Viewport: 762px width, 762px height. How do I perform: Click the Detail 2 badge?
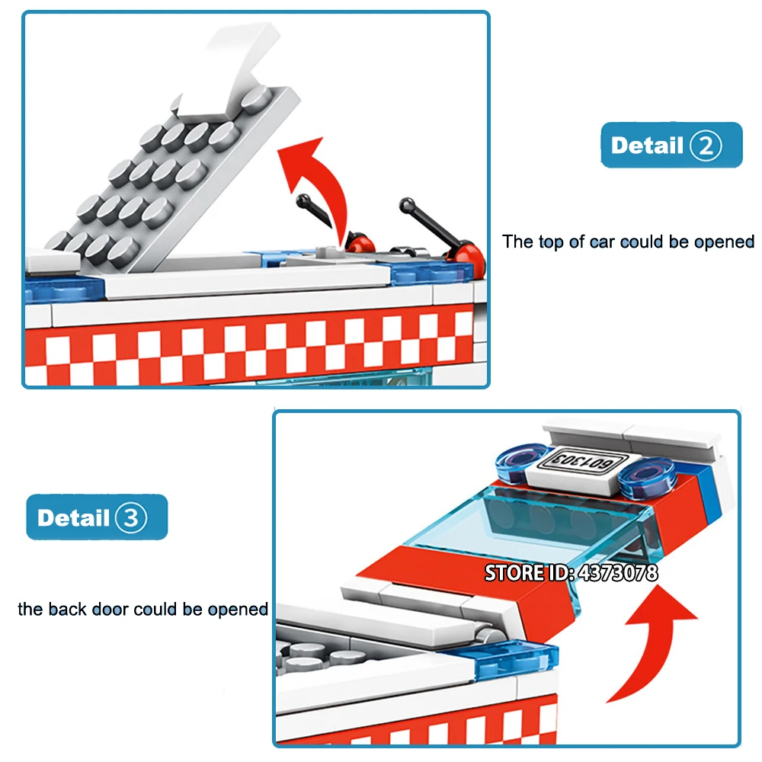pos(671,145)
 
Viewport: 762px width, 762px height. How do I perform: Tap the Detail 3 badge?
pos(98,517)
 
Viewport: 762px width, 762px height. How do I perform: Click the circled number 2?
pos(706,146)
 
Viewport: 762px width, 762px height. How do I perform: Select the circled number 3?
pos(131,517)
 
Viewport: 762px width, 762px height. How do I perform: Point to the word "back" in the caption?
pos(68,609)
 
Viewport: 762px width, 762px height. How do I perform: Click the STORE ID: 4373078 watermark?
pos(571,573)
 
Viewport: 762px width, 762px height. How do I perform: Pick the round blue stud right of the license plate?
pos(646,477)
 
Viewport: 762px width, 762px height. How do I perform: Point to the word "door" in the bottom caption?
pos(110,609)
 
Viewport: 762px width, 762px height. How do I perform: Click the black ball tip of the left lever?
pos(304,200)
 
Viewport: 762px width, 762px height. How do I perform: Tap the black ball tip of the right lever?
pos(407,205)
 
